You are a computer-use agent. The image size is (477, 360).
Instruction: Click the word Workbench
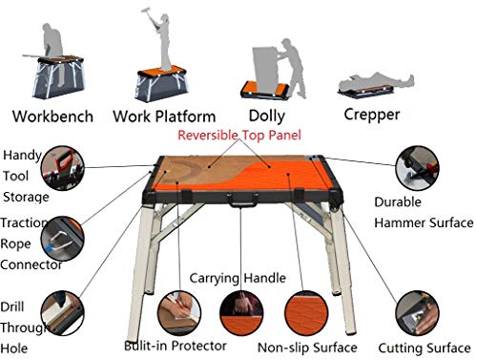coord(52,117)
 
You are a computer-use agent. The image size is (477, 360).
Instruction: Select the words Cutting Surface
coord(422,348)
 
